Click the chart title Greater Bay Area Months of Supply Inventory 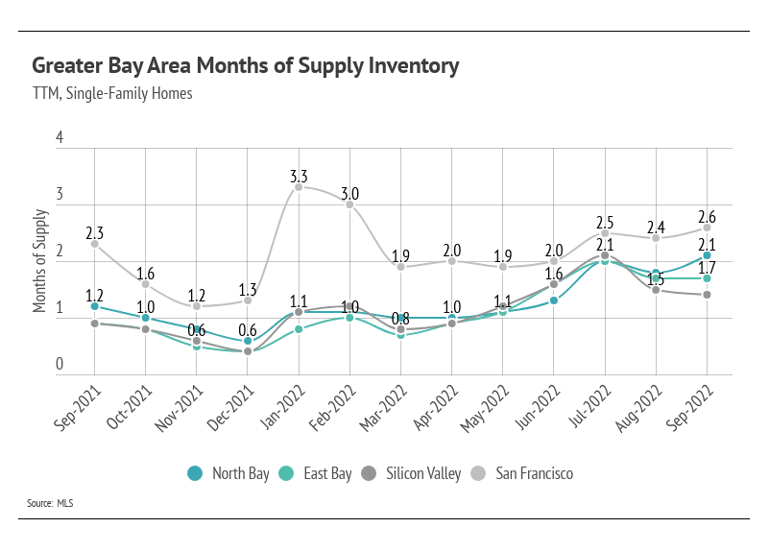point(246,66)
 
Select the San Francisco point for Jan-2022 point(299,187)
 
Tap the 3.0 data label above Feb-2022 point(349,193)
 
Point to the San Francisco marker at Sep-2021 point(94,244)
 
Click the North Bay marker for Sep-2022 point(707,255)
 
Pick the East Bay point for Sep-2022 point(707,278)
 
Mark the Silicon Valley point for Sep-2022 point(707,295)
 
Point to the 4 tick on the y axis point(60,138)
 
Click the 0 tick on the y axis point(60,365)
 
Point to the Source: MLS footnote point(50,503)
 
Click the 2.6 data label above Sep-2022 point(707,215)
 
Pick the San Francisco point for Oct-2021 point(145,284)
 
